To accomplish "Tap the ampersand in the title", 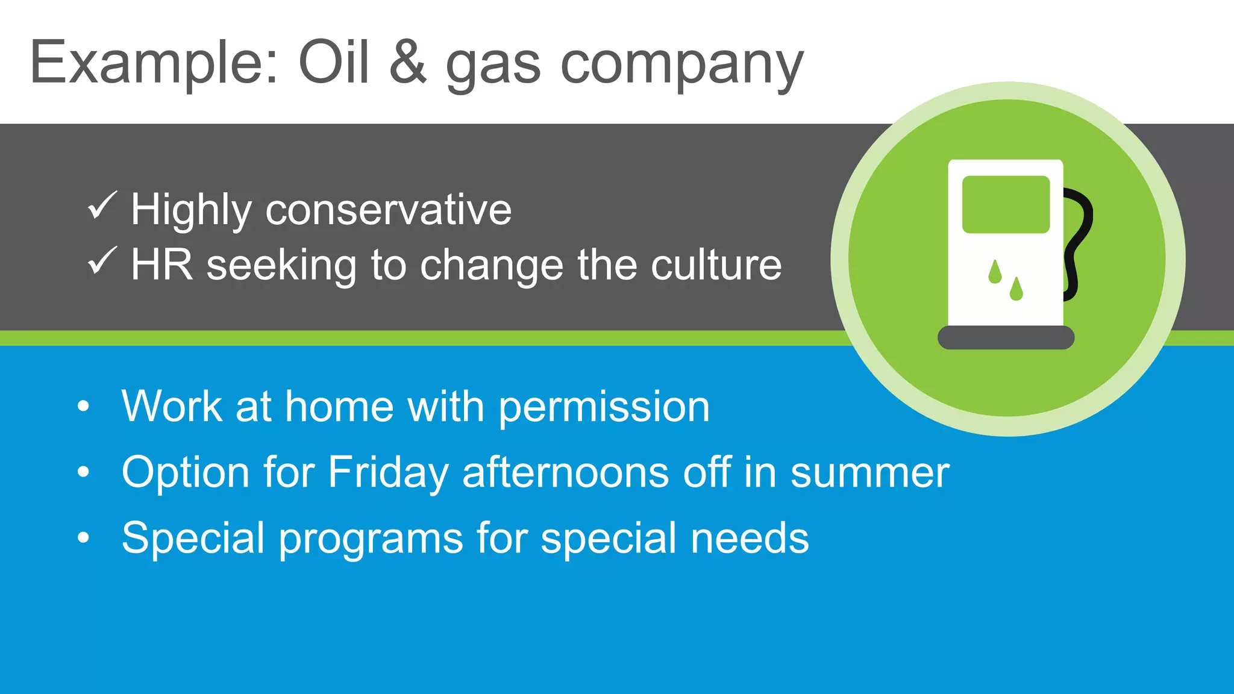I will [x=408, y=62].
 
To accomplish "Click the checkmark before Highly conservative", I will [x=102, y=206].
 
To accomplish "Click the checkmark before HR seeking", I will [x=102, y=261].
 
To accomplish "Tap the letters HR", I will [x=161, y=264].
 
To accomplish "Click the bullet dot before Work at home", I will [x=84, y=406].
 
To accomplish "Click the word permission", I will [x=604, y=407].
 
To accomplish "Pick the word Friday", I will [x=388, y=473].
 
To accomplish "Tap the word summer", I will [x=869, y=473].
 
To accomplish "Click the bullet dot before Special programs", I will [x=84, y=538].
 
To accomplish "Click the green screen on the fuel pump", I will [x=1006, y=204].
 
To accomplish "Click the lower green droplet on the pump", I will [x=1016, y=289].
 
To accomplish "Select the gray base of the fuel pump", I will [x=1006, y=337].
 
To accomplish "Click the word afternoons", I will [x=565, y=472].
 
